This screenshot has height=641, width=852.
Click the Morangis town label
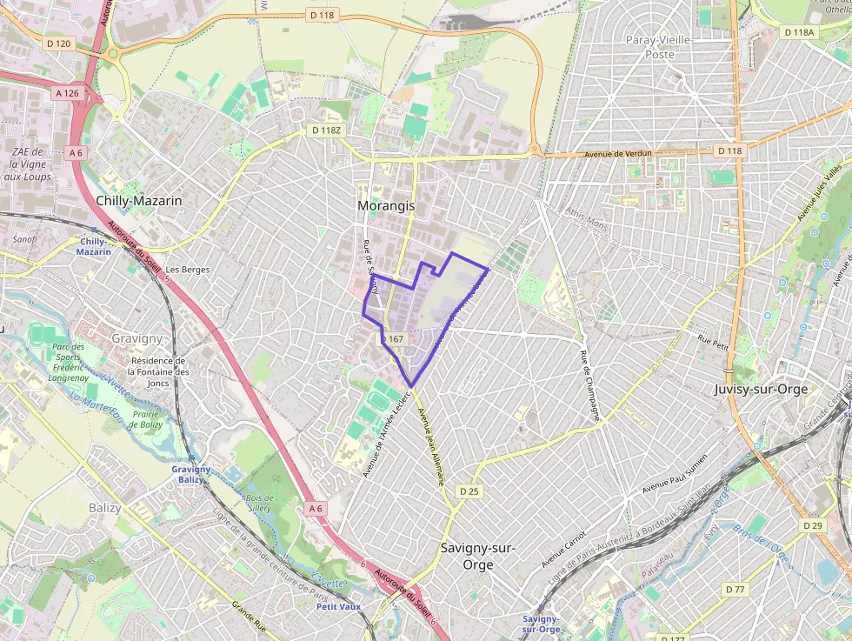point(386,206)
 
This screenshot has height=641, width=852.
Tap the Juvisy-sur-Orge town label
point(761,389)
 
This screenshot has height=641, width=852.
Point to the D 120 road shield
point(58,43)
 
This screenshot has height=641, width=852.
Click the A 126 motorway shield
point(67,93)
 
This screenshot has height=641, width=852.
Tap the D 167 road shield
point(393,338)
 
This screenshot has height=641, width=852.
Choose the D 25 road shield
point(469,491)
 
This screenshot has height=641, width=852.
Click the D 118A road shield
point(799,32)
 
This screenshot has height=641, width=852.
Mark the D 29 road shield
point(813,525)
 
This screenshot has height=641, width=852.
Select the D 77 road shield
point(735,589)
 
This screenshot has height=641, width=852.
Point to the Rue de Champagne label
point(590,385)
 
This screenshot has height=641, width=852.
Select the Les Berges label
point(187,270)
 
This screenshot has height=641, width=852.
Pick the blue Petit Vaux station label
point(338,606)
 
